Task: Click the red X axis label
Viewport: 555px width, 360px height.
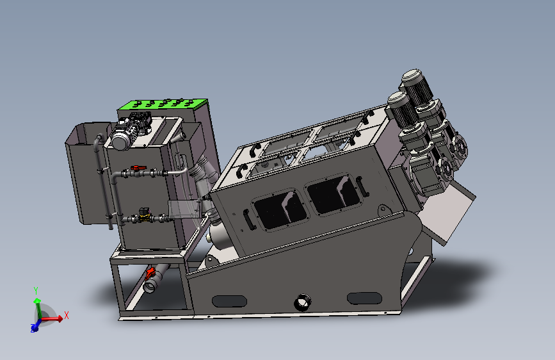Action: [66, 315]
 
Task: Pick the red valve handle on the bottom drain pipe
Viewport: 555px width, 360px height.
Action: [150, 274]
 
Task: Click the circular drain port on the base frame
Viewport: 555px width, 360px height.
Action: [302, 301]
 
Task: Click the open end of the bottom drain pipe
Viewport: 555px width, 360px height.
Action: [149, 286]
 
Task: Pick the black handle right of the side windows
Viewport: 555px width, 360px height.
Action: [363, 186]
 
